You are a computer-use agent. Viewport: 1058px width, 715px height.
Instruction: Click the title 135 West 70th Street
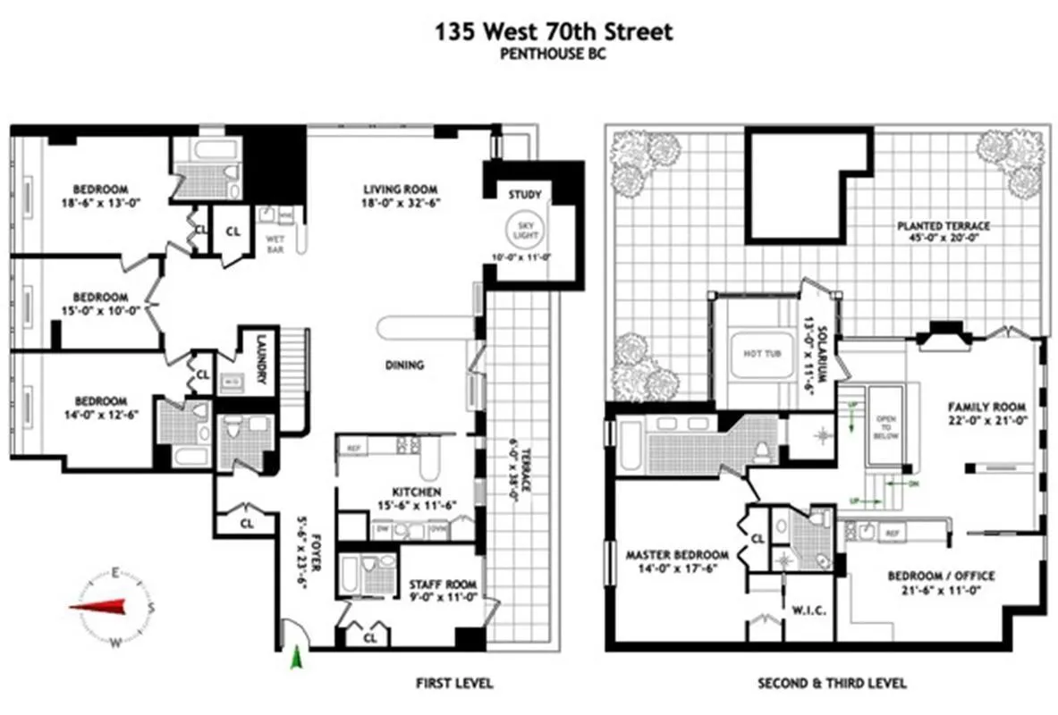click(x=554, y=33)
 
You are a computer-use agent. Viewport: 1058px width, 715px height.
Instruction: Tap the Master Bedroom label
click(x=677, y=554)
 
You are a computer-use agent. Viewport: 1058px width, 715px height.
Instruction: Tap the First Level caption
click(x=454, y=684)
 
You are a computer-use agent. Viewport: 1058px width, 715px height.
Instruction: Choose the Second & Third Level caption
click(x=832, y=684)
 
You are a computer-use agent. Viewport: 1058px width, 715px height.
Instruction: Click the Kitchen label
click(x=416, y=492)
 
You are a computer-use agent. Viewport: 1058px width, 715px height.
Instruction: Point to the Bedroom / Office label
click(x=941, y=576)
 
